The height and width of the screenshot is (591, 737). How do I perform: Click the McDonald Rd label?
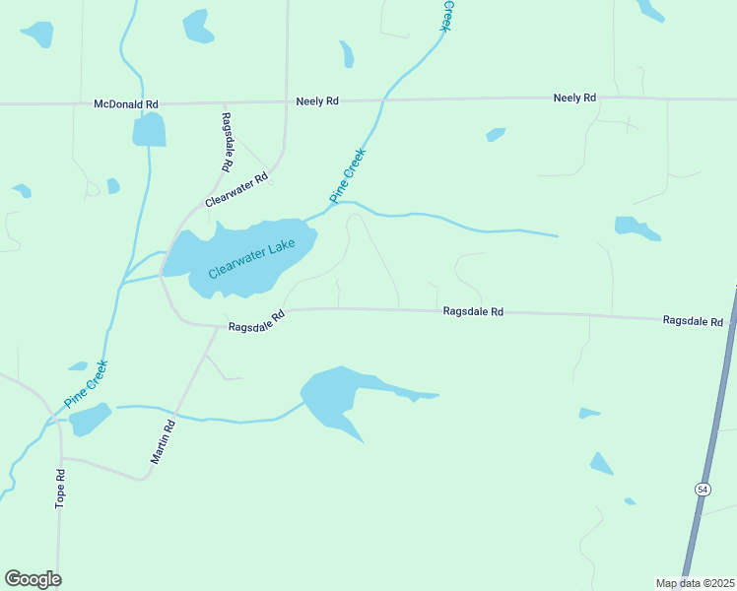[x=126, y=103]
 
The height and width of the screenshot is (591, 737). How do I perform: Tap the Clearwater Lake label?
[x=252, y=258]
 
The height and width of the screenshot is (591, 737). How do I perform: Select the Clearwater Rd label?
[x=236, y=190]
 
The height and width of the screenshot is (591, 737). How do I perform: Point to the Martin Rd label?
[x=163, y=442]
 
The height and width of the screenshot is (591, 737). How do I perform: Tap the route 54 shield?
[x=702, y=490]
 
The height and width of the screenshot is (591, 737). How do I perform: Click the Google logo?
[x=33, y=579]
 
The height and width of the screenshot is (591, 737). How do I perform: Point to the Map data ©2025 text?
[x=694, y=583]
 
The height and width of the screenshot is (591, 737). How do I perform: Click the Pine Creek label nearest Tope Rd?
[x=85, y=385]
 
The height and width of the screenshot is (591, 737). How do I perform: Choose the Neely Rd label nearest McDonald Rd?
[x=317, y=100]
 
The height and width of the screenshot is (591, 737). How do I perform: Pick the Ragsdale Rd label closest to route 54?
[x=693, y=321]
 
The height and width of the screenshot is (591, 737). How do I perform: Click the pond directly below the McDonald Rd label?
[x=149, y=130]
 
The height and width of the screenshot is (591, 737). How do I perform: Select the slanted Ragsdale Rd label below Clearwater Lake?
[x=256, y=321]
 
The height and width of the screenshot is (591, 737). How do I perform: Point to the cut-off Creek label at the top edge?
[x=445, y=17]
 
